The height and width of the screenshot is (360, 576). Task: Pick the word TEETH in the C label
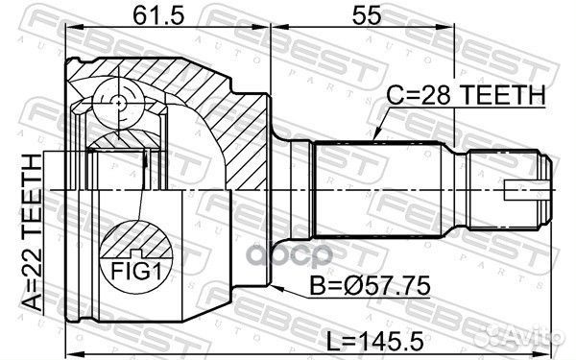click(508, 94)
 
